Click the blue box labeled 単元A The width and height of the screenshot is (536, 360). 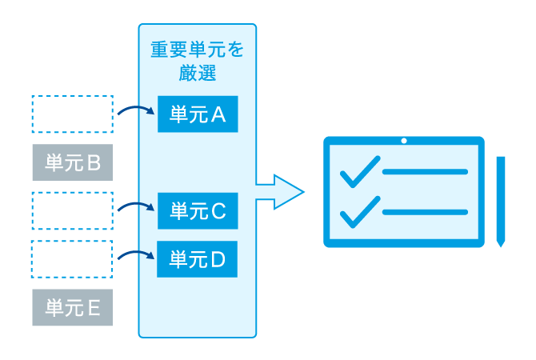tap(197, 114)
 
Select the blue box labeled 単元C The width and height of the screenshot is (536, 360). tap(197, 211)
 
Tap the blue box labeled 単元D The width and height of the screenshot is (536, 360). tap(197, 259)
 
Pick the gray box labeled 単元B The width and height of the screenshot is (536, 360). tap(72, 163)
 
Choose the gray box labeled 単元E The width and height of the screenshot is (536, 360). tap(72, 308)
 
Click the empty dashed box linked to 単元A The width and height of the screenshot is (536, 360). tap(72, 114)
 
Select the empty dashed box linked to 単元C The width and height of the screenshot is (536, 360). tap(72, 210)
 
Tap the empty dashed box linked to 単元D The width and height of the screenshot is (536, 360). tap(72, 259)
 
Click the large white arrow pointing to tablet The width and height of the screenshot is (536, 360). tap(280, 192)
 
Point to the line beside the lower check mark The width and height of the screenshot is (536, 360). tap(425, 212)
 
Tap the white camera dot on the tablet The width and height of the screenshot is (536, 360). tap(404, 142)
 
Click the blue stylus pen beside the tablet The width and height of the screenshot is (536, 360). tap(501, 200)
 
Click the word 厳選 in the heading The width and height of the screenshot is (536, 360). tap(197, 74)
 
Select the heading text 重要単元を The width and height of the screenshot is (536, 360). tap(197, 50)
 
